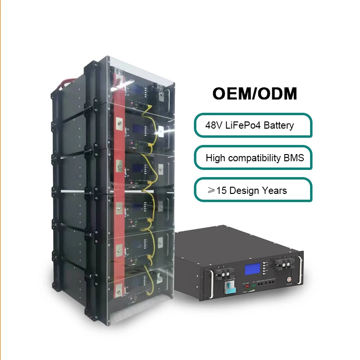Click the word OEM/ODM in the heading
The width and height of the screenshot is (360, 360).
pos(254,93)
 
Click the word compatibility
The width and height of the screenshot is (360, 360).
pos(255,158)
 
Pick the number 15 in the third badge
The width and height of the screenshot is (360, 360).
pos(221,191)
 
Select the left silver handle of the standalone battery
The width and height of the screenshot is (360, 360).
pos(209,288)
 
